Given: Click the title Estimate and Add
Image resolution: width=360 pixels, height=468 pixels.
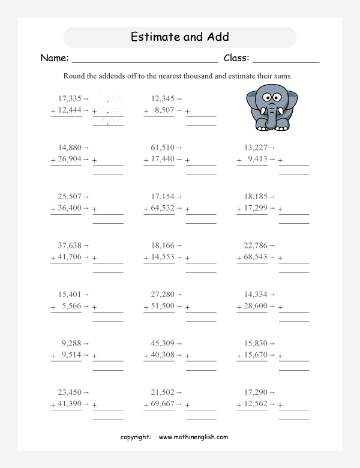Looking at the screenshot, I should tap(179, 37).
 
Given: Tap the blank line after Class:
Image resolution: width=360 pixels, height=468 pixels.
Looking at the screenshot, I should tap(286, 60).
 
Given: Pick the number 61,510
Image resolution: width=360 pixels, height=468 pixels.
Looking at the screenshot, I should tap(162, 147).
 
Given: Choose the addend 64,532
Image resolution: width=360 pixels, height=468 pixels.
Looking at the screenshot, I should tap(162, 208).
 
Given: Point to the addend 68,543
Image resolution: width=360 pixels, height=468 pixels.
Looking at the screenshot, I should tap(255, 257).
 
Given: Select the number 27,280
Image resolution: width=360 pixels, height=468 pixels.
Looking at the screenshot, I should tap(162, 295).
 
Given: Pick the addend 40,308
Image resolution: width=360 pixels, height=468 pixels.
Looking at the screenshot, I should tap(162, 356).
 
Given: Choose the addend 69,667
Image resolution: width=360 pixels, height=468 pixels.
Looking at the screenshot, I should tap(162, 404).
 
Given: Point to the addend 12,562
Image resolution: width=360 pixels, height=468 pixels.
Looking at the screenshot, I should tap(255, 404).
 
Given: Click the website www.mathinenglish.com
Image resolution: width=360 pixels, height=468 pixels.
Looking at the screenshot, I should tap(193, 437).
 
